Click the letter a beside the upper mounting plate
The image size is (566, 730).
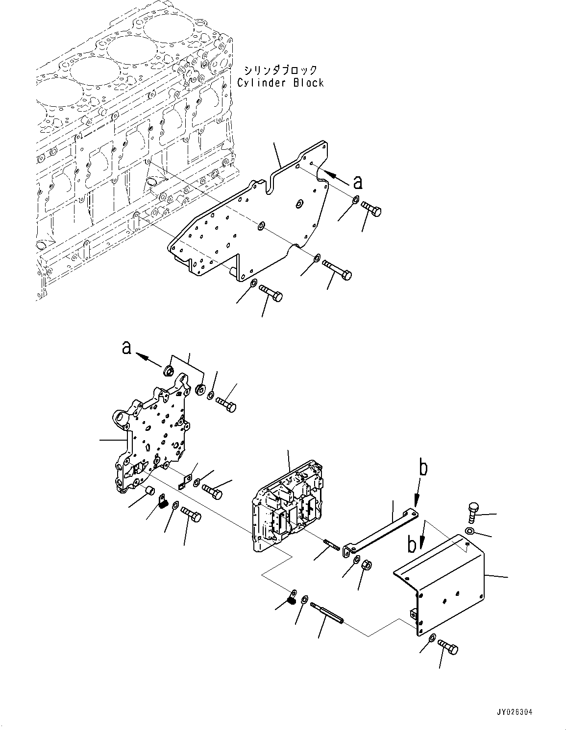[x=358, y=182]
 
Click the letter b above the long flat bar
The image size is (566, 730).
[x=423, y=468]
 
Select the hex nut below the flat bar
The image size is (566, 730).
[x=366, y=566]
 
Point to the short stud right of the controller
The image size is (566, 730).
[x=332, y=544]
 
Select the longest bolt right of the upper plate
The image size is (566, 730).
[x=338, y=271]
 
